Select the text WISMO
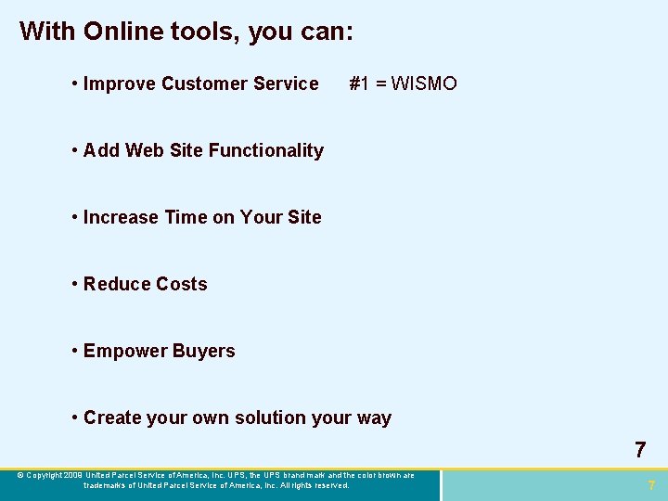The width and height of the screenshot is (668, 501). click(x=424, y=83)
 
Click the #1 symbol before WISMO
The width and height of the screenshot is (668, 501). click(x=359, y=83)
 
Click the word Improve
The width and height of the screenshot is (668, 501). click(x=119, y=83)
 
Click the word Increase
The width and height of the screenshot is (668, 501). click(x=121, y=217)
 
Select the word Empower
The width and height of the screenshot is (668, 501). click(x=122, y=351)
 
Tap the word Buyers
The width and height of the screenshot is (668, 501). click(x=204, y=351)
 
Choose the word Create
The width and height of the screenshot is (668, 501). click(x=113, y=417)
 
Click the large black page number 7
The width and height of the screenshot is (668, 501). click(x=640, y=451)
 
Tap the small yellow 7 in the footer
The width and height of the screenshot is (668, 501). click(x=651, y=485)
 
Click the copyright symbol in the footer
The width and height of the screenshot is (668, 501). click(x=20, y=476)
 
